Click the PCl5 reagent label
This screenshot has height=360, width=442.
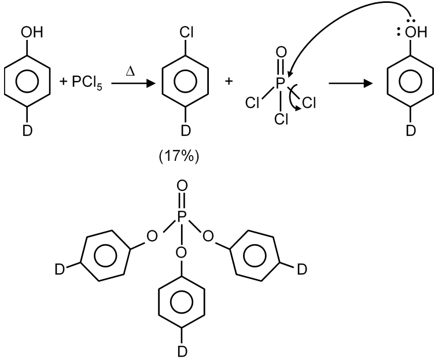87,82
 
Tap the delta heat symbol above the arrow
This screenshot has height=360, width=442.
130,71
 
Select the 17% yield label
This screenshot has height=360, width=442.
179,156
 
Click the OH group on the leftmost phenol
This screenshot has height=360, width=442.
32,32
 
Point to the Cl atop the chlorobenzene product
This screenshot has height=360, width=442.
186,32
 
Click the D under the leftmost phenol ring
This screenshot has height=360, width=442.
27,131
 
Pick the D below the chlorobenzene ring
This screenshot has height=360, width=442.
186,131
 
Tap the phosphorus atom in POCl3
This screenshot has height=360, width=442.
280,83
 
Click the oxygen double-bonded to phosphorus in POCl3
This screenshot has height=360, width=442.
281,53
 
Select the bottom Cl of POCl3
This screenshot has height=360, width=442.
281,119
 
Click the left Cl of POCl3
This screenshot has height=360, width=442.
252,102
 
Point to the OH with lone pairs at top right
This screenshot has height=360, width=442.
415,32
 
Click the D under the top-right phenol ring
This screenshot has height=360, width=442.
411,131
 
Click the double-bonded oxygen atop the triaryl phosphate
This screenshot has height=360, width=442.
182,186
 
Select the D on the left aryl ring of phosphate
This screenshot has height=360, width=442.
60,269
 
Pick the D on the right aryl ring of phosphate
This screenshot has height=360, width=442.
302,269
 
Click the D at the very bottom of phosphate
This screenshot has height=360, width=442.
182,351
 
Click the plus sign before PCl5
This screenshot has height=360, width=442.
64,82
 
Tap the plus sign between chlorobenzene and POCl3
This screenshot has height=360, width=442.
229,82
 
